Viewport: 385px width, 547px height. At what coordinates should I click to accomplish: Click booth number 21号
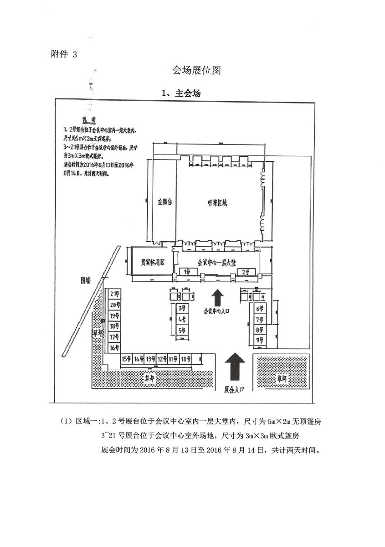pos(114,294)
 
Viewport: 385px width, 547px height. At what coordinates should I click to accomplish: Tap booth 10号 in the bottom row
pos(185,359)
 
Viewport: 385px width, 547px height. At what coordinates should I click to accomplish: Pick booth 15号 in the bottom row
pos(126,359)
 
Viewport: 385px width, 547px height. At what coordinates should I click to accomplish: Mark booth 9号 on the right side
pos(260,340)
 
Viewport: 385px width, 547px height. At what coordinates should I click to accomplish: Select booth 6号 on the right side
pos(260,309)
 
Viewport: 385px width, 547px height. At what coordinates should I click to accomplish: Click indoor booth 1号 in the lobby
pos(187,272)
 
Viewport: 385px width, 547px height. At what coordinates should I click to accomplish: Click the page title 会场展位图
pos(196,70)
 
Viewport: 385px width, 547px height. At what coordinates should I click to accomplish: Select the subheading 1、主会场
pos(181,93)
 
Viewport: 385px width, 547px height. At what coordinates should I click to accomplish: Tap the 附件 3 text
pos(64,54)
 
